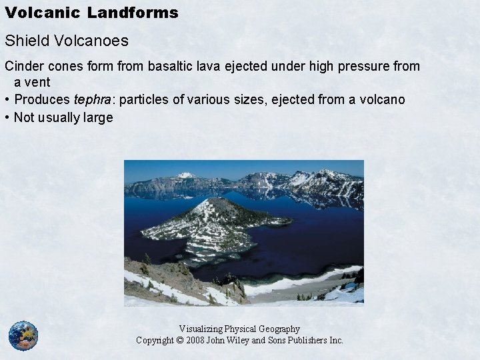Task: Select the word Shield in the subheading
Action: pyautogui.click(x=23, y=41)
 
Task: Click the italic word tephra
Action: pyautogui.click(x=93, y=100)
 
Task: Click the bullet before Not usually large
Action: pyautogui.click(x=7, y=117)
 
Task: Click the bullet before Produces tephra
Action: pyautogui.click(x=7, y=100)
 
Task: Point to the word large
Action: pyautogui.click(x=99, y=117)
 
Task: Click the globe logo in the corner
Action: pyautogui.click(x=23, y=335)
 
